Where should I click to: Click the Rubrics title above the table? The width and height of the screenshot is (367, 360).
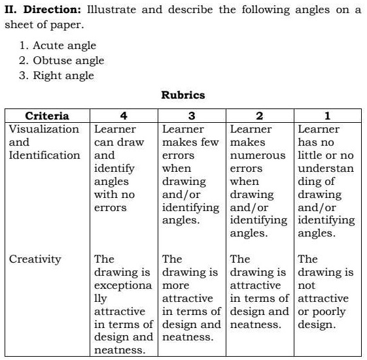click(183, 95)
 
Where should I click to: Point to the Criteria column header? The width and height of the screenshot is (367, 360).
click(46, 116)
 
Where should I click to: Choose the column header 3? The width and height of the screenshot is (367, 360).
click(192, 116)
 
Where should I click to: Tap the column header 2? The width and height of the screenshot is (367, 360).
click(260, 116)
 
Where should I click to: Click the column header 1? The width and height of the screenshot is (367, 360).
click(327, 116)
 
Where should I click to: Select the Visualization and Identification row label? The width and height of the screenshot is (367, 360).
click(44, 142)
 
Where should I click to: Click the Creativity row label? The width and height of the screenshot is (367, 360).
click(35, 259)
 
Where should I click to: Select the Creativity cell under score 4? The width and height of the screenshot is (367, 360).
click(124, 304)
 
